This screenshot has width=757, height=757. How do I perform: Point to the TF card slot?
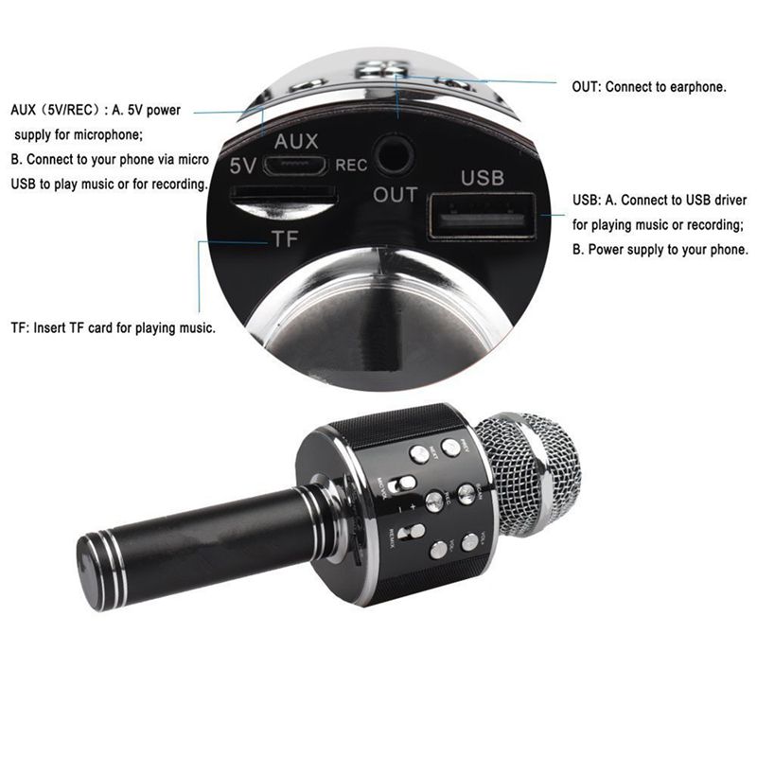pos(283,200)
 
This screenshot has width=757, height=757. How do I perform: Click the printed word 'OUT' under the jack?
pos(396,195)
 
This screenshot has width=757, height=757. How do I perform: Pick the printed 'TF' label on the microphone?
pos(284,238)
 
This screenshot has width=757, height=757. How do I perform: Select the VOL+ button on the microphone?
pos(470,542)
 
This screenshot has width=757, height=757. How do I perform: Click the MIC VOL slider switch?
pos(405,484)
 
